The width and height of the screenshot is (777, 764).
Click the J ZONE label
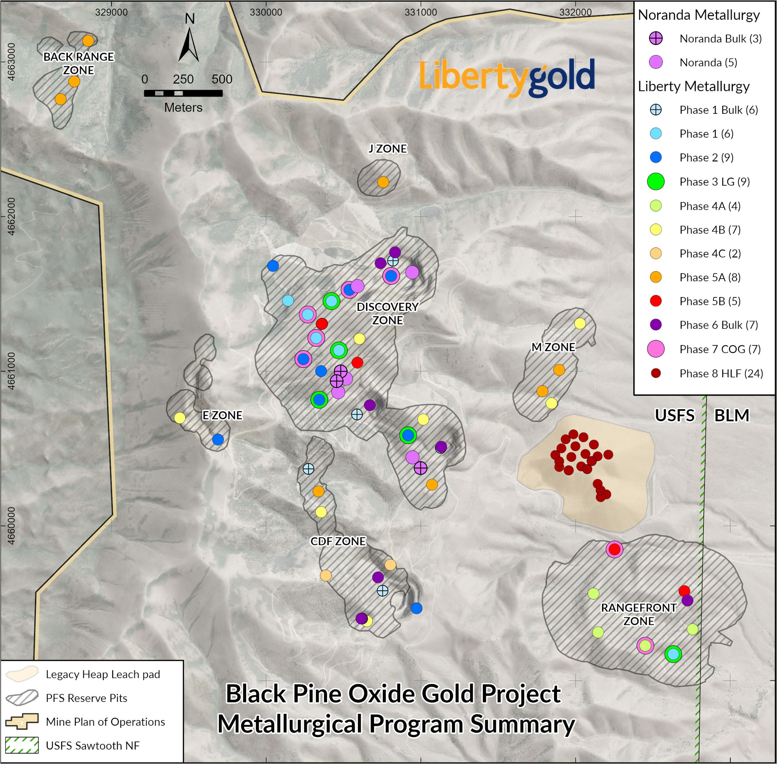pyautogui.click(x=388, y=149)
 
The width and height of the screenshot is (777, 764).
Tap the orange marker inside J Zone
pyautogui.click(x=383, y=182)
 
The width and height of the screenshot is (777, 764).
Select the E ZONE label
pyautogui.click(x=222, y=415)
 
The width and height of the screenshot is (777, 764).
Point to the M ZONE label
pyautogui.click(x=553, y=347)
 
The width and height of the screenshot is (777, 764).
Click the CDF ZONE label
pyautogui.click(x=338, y=541)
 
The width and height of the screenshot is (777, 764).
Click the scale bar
pyautogui.click(x=183, y=93)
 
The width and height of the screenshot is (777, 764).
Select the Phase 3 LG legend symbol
pyautogui.click(x=656, y=182)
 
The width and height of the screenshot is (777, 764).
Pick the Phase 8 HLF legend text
pyautogui.click(x=721, y=373)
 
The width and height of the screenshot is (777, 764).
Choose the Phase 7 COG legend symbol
pyautogui.click(x=656, y=349)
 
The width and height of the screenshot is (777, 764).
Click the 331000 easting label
pyautogui.click(x=421, y=12)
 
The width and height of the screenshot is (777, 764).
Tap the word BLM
pyautogui.click(x=732, y=416)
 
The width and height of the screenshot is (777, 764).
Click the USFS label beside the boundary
pyautogui.click(x=675, y=416)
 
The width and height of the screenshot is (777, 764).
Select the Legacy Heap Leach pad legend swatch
pyautogui.click(x=22, y=674)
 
